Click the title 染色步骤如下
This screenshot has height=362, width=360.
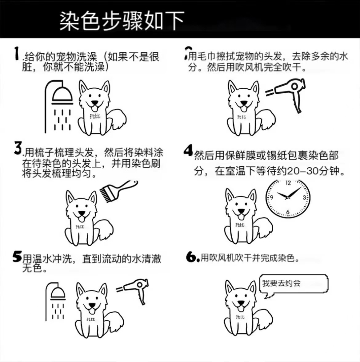122,21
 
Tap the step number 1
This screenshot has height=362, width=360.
16,53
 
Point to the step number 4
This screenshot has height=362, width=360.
188,150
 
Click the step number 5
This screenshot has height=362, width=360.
17,256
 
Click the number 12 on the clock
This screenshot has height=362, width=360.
288,183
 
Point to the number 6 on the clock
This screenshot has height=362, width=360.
288,212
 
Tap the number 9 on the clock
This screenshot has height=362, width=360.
272,197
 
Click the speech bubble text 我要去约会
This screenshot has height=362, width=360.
281,283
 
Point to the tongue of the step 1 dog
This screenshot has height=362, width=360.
94,108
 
